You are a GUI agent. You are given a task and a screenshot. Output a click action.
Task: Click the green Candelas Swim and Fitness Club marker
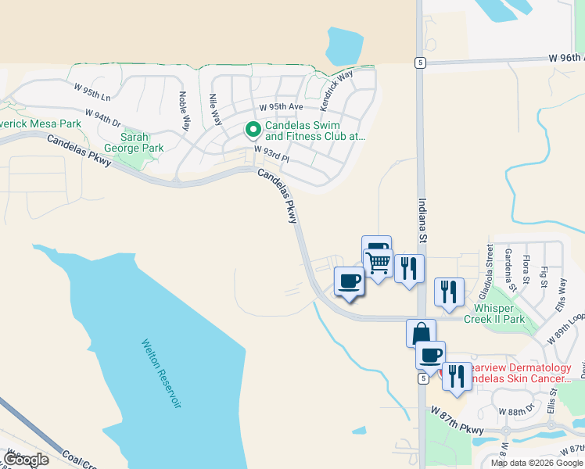[x=253, y=130]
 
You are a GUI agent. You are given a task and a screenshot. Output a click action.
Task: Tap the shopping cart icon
[x=379, y=263]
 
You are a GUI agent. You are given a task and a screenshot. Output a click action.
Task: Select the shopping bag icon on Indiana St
[x=421, y=334]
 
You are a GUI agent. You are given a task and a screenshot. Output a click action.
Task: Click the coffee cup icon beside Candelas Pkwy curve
[x=349, y=281]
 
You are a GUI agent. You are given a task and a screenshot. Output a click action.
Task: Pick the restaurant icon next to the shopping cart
[x=409, y=269]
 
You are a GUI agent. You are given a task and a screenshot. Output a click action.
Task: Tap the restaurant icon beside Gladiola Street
[x=449, y=292]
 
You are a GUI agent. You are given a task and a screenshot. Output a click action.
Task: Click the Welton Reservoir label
[x=161, y=374]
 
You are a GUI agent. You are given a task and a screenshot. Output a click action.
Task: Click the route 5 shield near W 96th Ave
[x=420, y=63]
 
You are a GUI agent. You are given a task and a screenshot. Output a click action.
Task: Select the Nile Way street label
[x=214, y=109]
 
